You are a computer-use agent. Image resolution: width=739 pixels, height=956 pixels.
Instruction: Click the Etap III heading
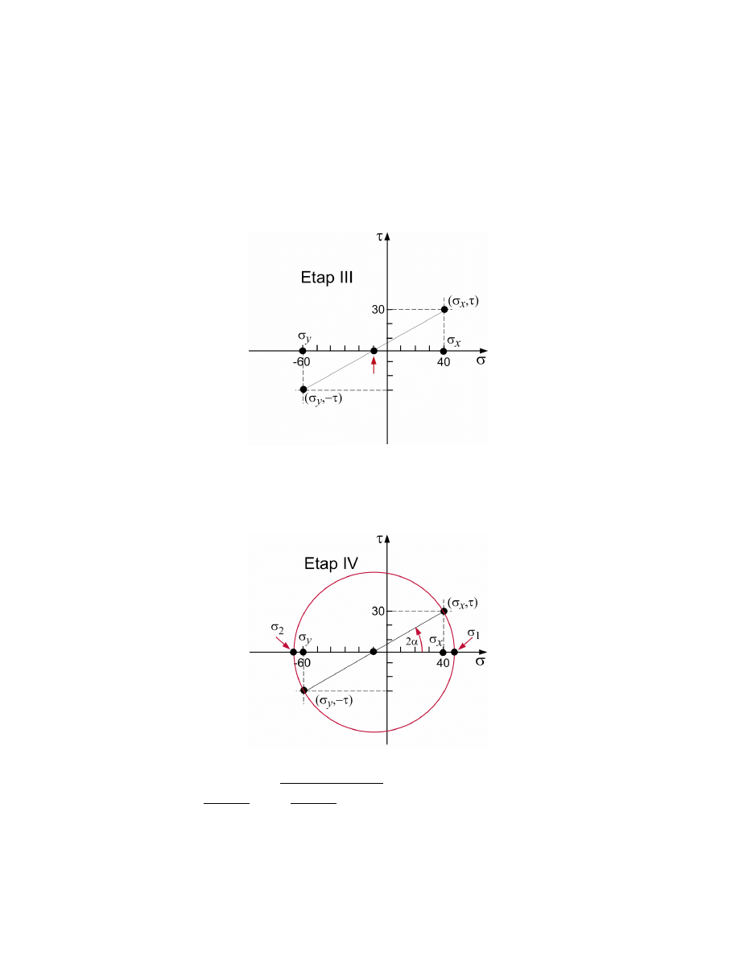pyautogui.click(x=327, y=278)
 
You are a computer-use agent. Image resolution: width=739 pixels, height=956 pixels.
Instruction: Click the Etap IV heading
pyautogui.click(x=331, y=563)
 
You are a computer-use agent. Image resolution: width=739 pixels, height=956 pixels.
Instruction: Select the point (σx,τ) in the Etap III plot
pyautogui.click(x=444, y=310)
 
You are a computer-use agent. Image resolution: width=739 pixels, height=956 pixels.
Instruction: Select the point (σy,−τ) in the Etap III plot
pyautogui.click(x=303, y=389)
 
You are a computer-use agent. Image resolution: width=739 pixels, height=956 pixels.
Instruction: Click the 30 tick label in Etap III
pyautogui.click(x=378, y=310)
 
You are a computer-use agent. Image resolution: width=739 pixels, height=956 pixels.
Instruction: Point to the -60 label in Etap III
pyautogui.click(x=301, y=362)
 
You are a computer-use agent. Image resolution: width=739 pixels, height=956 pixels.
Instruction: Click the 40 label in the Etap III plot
pyautogui.click(x=444, y=362)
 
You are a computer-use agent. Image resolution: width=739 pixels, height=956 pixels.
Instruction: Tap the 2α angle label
pyautogui.click(x=412, y=641)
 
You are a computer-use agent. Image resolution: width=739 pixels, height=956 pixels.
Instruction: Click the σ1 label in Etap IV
pyautogui.click(x=474, y=634)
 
